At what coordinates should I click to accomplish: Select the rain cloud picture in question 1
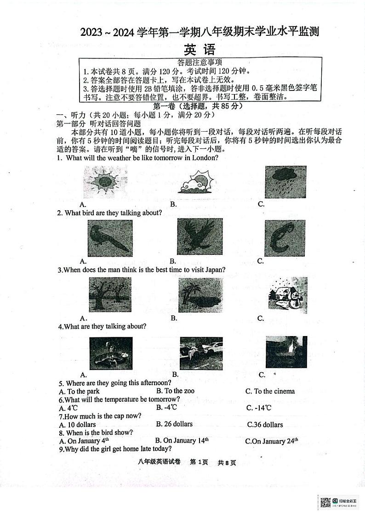click(x=285, y=181)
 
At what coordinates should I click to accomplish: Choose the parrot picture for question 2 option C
click(x=285, y=237)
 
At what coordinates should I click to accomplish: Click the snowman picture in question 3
click(x=287, y=295)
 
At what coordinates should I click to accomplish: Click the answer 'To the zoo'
click(x=175, y=391)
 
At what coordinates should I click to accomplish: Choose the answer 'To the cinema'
click(x=270, y=391)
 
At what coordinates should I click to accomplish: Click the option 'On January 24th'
click(x=271, y=441)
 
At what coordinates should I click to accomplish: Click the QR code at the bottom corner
click(x=325, y=503)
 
